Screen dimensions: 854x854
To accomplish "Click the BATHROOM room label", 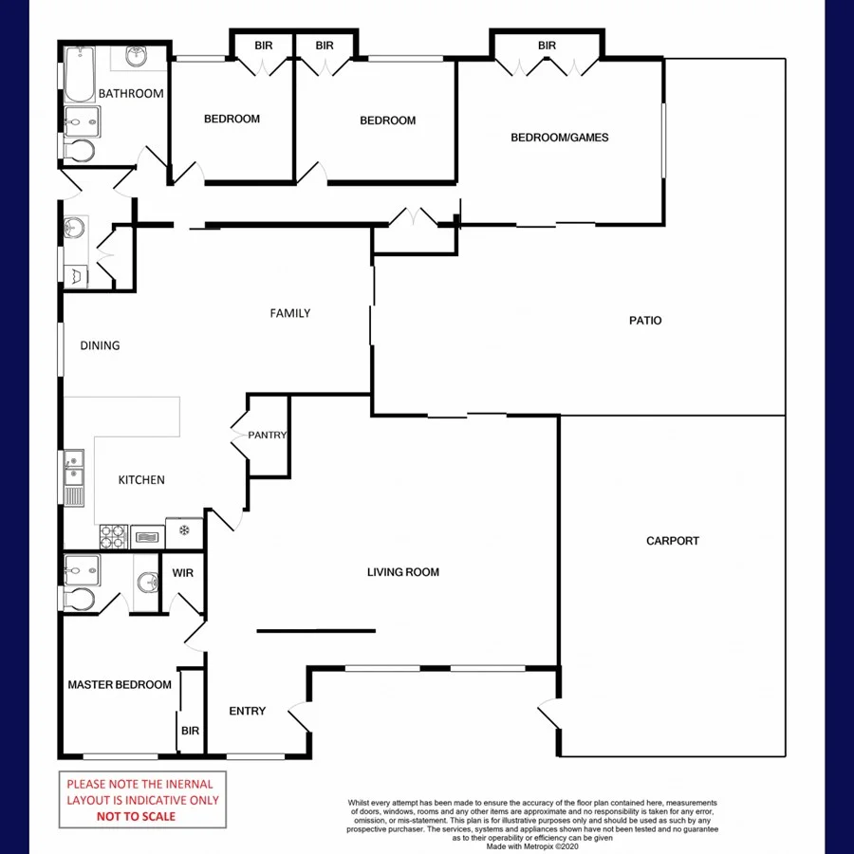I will [x=131, y=94].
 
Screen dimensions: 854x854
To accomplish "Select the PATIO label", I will [x=645, y=321].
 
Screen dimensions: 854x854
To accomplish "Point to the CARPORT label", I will [x=672, y=541].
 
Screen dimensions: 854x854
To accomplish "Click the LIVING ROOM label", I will [x=403, y=572].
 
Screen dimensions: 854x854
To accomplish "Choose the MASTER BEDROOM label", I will [x=120, y=685].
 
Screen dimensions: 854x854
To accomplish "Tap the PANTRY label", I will [x=267, y=436].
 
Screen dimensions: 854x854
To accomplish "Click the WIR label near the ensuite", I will [x=182, y=573].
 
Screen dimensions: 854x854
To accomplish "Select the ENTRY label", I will [x=248, y=711].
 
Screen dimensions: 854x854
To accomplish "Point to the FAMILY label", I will [x=289, y=313].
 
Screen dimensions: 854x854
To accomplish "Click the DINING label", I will [x=100, y=345].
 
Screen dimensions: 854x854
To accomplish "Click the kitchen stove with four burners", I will [x=113, y=537].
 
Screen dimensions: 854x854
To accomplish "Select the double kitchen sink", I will [x=73, y=479].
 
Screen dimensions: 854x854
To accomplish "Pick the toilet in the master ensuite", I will [x=78, y=598].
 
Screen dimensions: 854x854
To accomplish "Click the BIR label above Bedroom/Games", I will [x=547, y=46].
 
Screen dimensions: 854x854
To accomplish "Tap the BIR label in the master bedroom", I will [x=190, y=731].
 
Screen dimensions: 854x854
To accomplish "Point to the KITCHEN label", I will [x=141, y=480].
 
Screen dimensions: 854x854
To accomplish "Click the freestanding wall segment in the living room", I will [x=316, y=630].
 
